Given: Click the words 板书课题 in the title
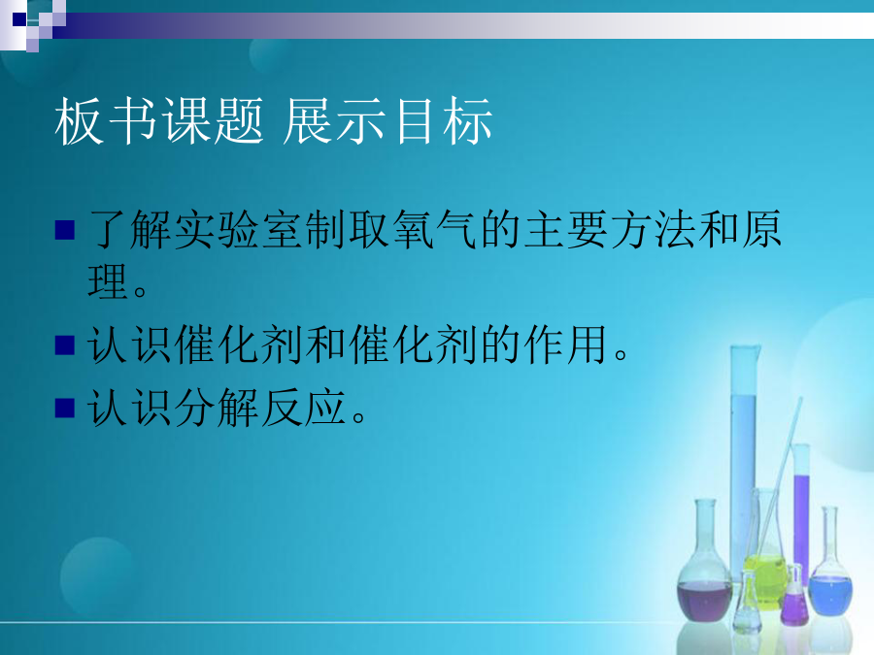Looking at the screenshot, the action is pos(159,121).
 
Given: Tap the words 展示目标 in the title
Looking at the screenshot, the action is pos(387,121).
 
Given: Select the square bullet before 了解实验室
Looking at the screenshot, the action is pos(65,230).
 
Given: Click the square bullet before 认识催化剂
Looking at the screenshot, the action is pos(65,344).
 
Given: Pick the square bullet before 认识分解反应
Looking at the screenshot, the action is pos(65,408).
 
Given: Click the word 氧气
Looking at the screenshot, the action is pos(435,229).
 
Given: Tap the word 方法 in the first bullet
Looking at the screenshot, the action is pos(654,229).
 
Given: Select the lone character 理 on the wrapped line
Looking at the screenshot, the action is pos(108,281).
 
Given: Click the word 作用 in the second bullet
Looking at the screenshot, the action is pos(565,344).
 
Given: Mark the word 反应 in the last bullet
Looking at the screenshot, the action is pos(304,408).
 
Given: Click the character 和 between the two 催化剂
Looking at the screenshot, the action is pos(326,344).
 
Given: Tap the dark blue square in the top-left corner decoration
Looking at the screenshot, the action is pos(19,19).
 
